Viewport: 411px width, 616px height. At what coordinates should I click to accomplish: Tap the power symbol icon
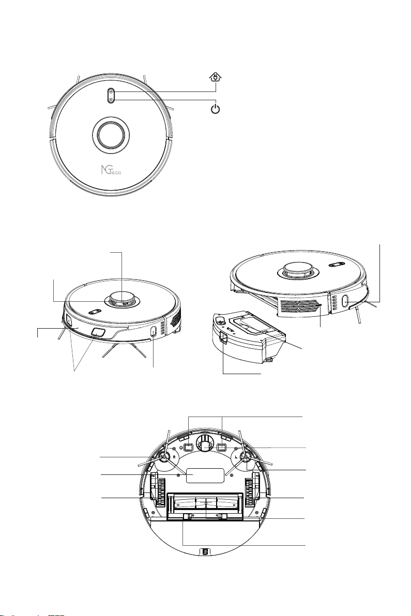216,108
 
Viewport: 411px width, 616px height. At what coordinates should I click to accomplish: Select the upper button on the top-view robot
111,91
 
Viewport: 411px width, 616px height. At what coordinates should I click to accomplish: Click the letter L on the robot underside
236,457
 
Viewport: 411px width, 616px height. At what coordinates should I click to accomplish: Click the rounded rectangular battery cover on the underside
205,475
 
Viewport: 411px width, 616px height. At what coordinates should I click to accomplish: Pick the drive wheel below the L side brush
252,489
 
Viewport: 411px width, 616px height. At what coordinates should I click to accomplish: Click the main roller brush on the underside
205,503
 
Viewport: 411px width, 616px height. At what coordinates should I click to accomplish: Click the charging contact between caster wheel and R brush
188,446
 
